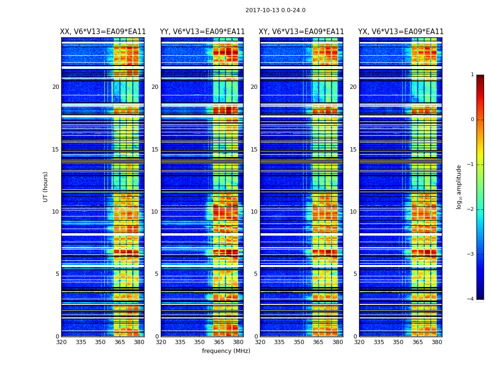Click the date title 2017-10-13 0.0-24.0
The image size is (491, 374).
click(x=275, y=10)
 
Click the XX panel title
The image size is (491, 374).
click(x=103, y=32)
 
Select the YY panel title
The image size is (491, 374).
click(x=202, y=32)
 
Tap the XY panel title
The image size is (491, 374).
click(x=302, y=32)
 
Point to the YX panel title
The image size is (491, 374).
click(x=401, y=32)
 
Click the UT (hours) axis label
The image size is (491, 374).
click(x=46, y=187)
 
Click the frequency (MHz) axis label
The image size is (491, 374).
click(x=226, y=351)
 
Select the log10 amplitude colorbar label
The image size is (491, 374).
click(x=459, y=187)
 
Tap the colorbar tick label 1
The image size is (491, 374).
click(x=472, y=75)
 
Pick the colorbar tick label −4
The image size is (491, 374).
click(x=471, y=299)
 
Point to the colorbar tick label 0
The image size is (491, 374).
click(x=472, y=120)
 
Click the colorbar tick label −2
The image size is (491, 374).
click(x=471, y=209)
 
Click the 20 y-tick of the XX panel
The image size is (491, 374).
click(x=56, y=87)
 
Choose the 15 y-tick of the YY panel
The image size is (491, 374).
click(x=155, y=150)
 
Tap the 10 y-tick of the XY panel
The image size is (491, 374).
click(x=254, y=212)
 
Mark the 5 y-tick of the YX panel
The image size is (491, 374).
click(x=355, y=274)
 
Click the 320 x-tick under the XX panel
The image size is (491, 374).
click(x=61, y=342)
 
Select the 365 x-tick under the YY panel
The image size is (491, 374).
click(x=219, y=342)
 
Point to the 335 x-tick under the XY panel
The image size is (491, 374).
click(x=279, y=342)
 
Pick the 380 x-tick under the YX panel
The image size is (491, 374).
click(x=437, y=342)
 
